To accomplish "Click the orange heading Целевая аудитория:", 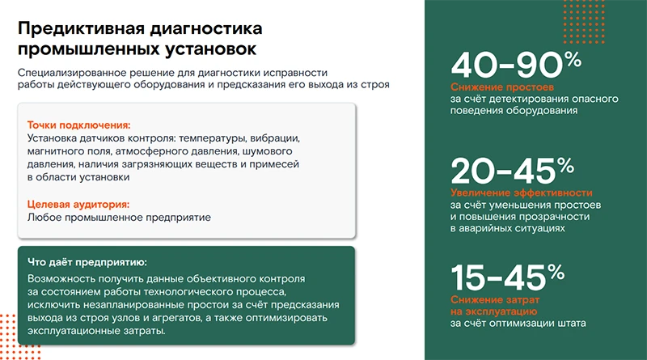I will coord(78,205).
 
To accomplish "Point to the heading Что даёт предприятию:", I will coord(87,263).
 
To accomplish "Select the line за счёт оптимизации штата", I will coord(518,324).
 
